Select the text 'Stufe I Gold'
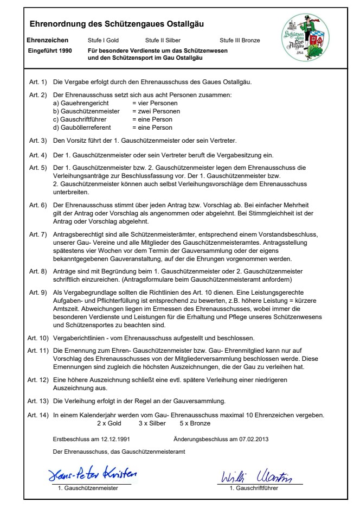(x=103, y=41)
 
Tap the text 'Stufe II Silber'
(x=163, y=41)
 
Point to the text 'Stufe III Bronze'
(x=240, y=41)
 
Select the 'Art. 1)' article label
(x=38, y=82)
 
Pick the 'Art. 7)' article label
(x=38, y=234)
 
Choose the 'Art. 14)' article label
(x=40, y=415)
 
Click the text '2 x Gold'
(x=108, y=422)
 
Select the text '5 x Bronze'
(x=193, y=422)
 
